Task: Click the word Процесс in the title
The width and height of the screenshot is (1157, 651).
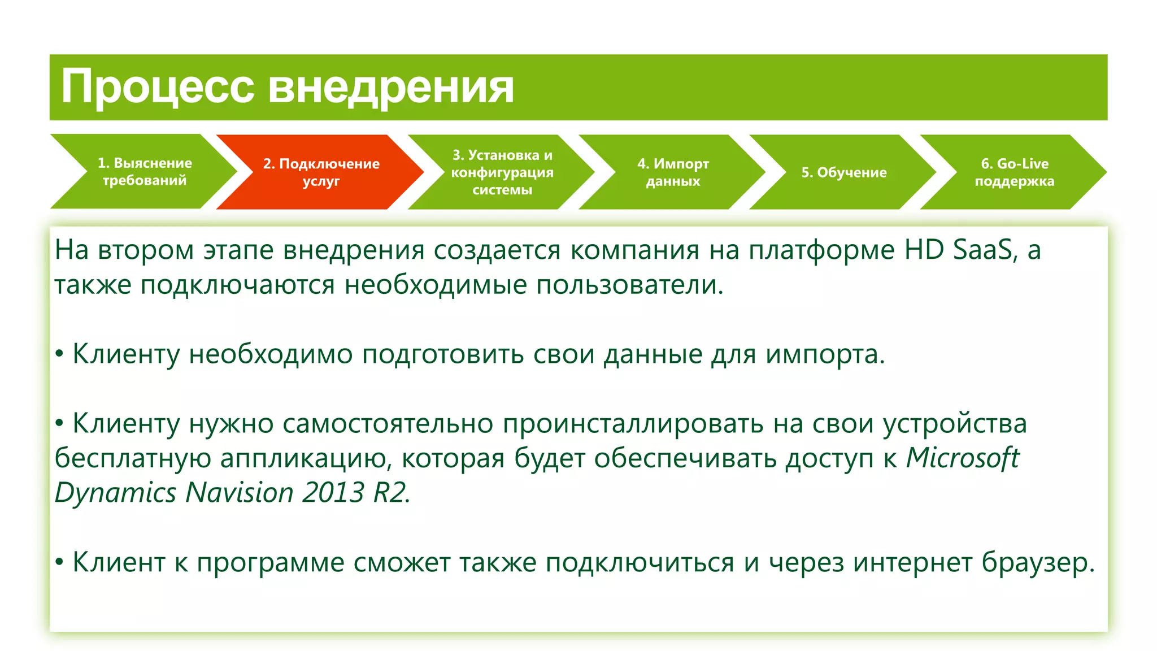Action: (158, 87)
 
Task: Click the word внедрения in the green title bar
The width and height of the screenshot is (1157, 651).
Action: (390, 87)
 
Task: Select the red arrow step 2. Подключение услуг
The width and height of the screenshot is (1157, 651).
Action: (321, 172)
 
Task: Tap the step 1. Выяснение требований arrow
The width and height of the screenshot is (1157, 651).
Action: (145, 171)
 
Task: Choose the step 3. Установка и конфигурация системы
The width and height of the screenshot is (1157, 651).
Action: (502, 172)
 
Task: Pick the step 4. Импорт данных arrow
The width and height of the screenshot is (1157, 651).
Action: (672, 172)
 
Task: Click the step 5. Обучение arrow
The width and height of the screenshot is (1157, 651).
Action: (843, 172)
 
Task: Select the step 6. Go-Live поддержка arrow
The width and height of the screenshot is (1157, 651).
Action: (1014, 172)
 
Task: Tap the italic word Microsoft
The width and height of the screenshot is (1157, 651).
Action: (962, 458)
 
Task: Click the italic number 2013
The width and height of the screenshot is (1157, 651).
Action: (333, 493)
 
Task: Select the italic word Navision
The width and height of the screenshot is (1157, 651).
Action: (239, 493)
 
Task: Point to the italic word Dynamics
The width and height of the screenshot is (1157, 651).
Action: (116, 493)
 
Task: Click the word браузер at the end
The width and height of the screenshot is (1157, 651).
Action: (1037, 563)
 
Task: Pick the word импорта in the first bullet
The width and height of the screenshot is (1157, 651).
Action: (824, 355)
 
